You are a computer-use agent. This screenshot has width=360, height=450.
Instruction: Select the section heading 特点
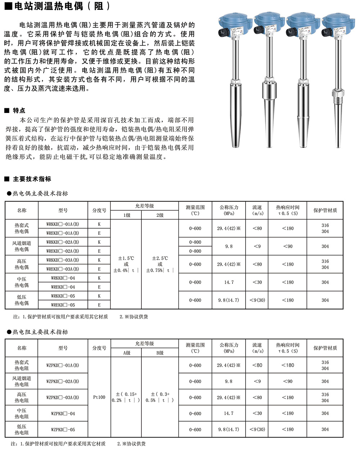point(19,110)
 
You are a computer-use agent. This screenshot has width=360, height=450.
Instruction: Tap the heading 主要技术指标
point(32,179)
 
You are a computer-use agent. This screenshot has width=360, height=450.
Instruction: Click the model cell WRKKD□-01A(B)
point(63,224)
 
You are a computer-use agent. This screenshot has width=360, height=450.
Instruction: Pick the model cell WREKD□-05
point(63,305)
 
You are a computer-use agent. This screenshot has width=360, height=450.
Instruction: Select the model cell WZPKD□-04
point(63,414)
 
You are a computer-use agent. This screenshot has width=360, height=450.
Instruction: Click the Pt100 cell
point(99,397)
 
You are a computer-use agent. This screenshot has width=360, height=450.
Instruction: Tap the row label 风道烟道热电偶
point(22,246)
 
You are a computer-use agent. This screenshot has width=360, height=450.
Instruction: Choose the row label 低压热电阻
point(22,429)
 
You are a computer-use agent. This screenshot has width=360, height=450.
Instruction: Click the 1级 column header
point(127,215)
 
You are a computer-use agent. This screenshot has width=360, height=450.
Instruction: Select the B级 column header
point(160,353)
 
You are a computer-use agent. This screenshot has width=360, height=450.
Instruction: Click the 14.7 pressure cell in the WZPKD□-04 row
point(229,414)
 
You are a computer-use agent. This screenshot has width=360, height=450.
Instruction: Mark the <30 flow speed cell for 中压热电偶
point(257,282)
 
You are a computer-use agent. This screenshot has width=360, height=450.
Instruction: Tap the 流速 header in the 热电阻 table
point(257,347)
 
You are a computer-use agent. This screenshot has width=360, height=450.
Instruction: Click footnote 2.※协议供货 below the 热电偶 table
point(134,317)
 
